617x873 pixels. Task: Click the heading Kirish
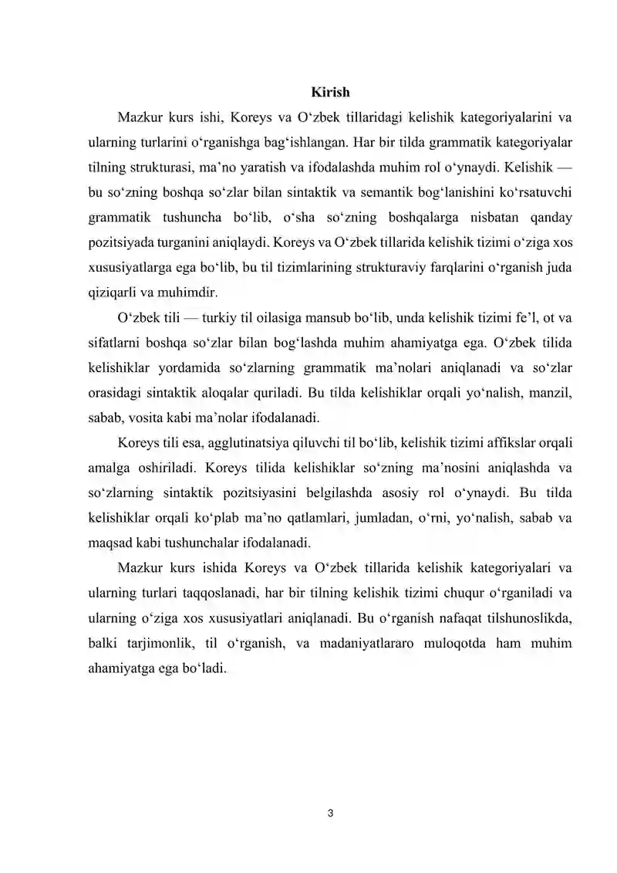tap(330, 93)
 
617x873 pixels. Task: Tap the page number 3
tap(330, 812)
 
